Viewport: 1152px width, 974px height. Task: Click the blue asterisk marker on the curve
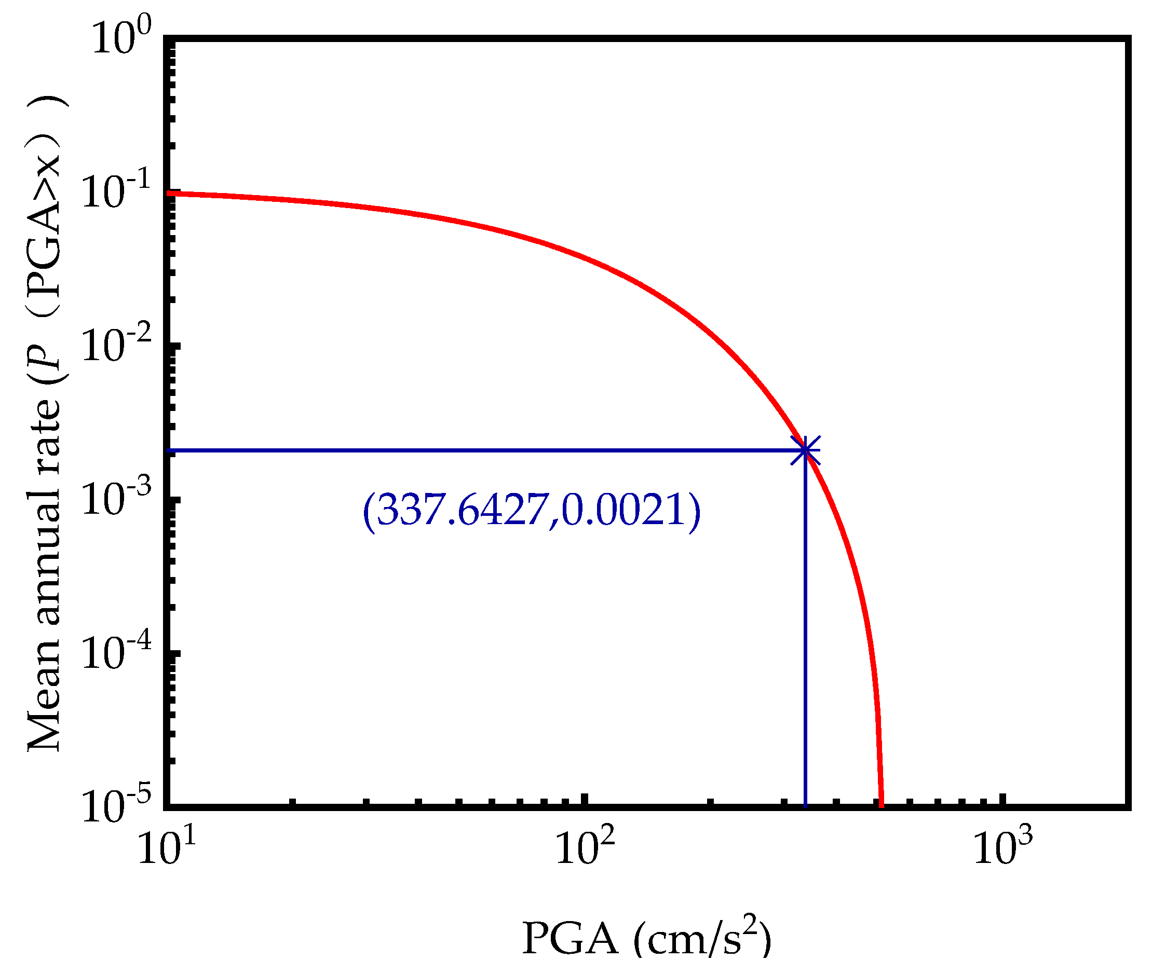tap(805, 450)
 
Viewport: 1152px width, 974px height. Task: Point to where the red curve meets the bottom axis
tap(882, 805)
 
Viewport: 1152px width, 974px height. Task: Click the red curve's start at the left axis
tap(169, 193)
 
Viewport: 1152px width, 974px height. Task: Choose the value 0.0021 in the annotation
tap(624, 510)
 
